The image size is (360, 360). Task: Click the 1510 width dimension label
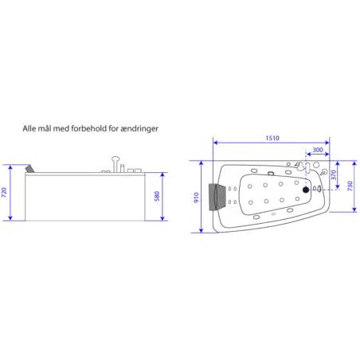pos(272,138)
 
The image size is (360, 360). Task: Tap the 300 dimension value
pos(318,150)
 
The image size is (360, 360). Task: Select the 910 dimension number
pos(196,198)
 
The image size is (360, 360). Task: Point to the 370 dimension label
pos(334,175)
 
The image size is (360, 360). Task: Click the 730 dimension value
pos(350,186)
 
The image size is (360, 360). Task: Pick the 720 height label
pos(4,192)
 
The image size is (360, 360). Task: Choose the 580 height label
pos(157,196)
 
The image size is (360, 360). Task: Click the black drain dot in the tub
pos(306,190)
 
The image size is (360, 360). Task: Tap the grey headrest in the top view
pos(213,197)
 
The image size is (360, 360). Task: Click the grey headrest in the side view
pos(30,169)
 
